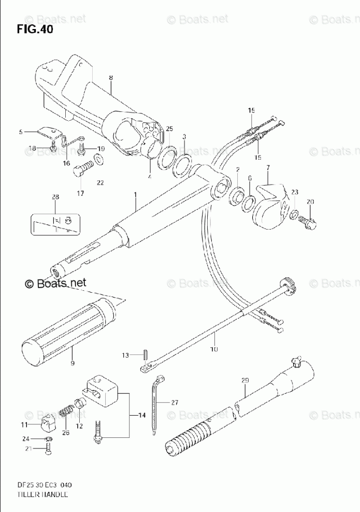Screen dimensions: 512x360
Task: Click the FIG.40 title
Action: [35, 29]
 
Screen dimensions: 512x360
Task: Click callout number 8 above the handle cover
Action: [110, 78]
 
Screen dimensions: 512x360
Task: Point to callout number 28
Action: [55, 197]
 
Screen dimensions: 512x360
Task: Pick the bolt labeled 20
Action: [309, 221]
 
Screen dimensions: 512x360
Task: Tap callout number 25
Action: [169, 129]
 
